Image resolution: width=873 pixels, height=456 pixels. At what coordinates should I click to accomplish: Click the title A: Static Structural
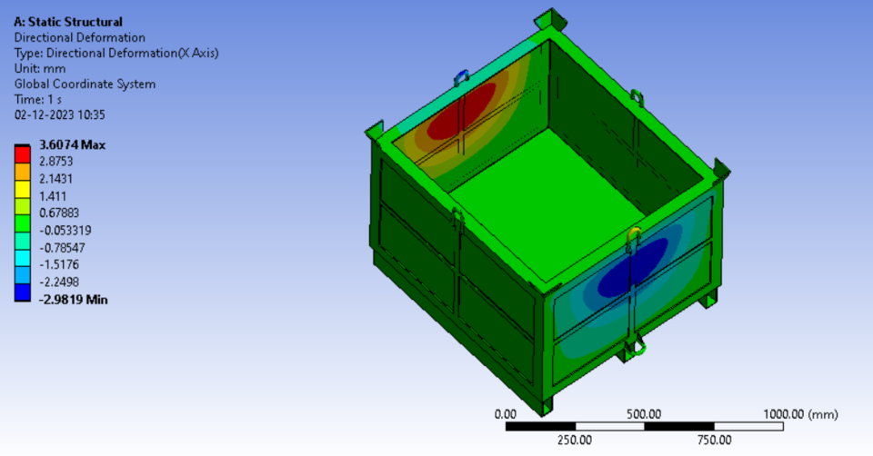coord(68,21)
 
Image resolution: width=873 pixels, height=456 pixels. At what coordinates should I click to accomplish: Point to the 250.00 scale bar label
coord(574,441)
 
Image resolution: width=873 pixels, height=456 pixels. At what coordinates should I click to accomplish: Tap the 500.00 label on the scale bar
coord(644,414)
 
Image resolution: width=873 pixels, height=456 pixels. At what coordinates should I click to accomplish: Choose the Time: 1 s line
coord(39,100)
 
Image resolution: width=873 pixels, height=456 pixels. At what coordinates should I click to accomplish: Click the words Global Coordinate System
coord(85,84)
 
